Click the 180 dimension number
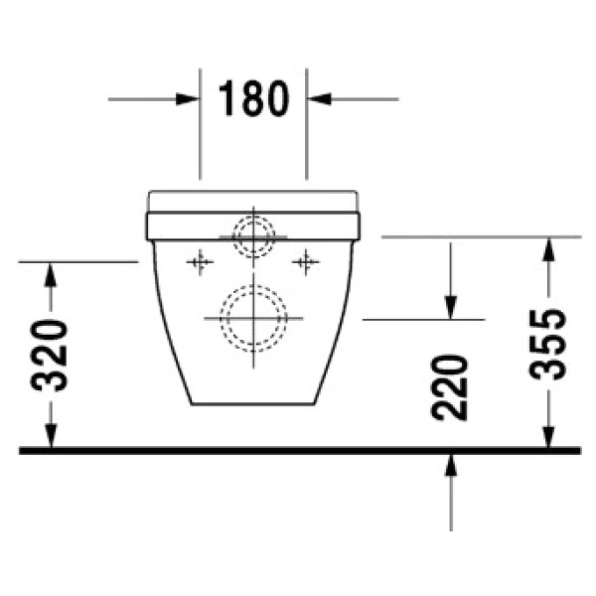click(x=253, y=98)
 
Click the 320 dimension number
click(x=53, y=355)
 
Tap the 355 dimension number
click(x=547, y=343)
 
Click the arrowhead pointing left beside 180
click(x=319, y=99)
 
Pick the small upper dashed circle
click(x=254, y=235)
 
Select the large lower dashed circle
click(x=254, y=317)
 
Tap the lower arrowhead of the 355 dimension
click(x=547, y=437)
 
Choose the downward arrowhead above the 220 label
click(x=450, y=307)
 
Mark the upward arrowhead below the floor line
click(x=451, y=466)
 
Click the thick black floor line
click(x=298, y=450)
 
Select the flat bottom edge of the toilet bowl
click(x=254, y=403)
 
